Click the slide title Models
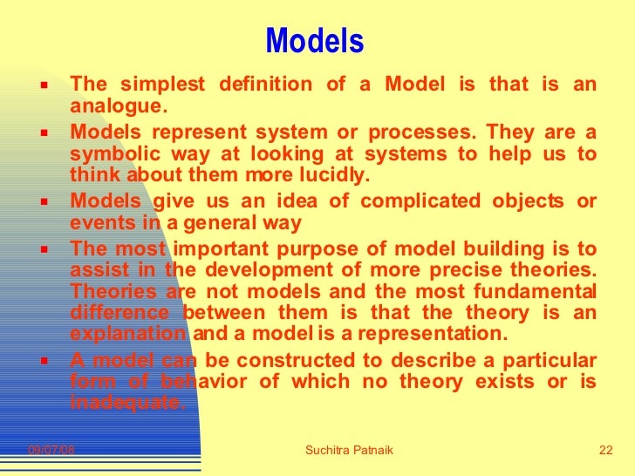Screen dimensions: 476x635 pyautogui.click(x=314, y=40)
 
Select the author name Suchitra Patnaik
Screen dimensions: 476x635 pyautogui.click(x=349, y=450)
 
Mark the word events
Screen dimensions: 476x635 pyautogui.click(x=98, y=222)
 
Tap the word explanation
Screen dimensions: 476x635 pyautogui.click(x=127, y=333)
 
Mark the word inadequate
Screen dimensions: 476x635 pyautogui.click(x=127, y=403)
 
